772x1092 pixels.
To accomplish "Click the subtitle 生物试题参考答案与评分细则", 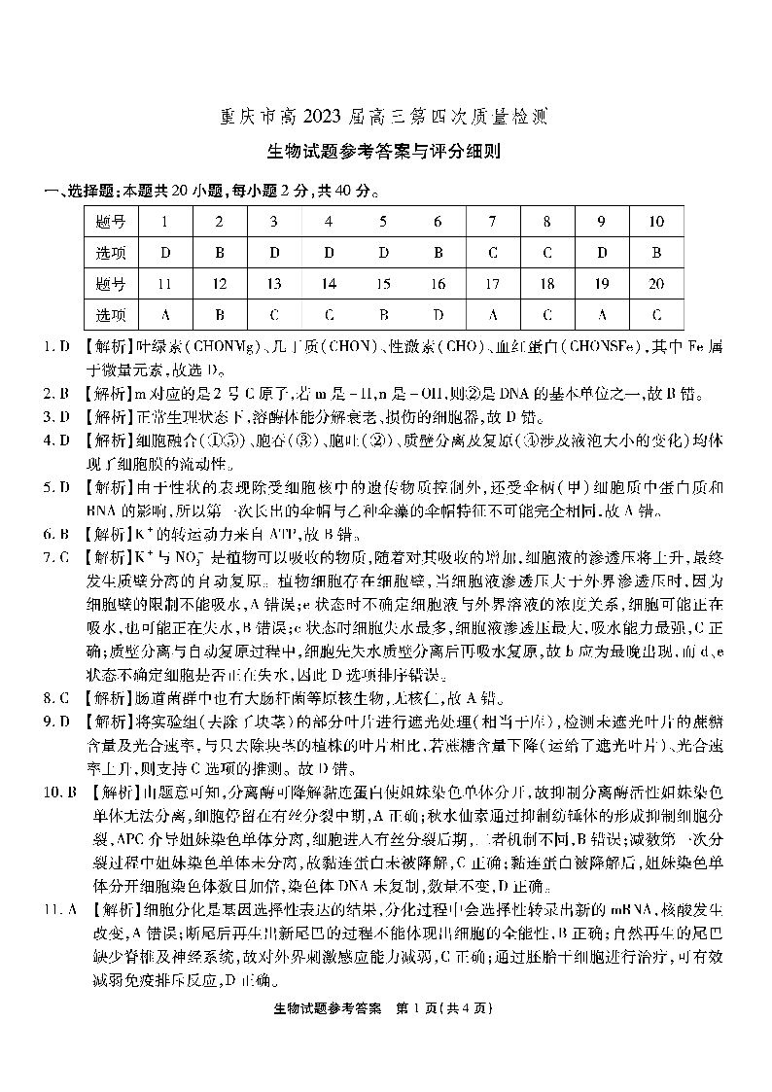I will coord(385,152).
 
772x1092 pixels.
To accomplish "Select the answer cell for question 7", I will coord(493,253).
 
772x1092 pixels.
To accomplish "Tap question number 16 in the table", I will coord(438,284).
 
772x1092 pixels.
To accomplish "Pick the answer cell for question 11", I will coord(165,314).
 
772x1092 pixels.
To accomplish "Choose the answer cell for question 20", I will coord(656,314).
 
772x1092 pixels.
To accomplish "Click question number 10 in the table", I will coord(656,222).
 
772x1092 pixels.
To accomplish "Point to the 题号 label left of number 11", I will coord(112,284).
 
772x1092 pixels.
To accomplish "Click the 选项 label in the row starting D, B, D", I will coord(112,253).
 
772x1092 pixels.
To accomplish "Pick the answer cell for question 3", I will coord(274,253).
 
